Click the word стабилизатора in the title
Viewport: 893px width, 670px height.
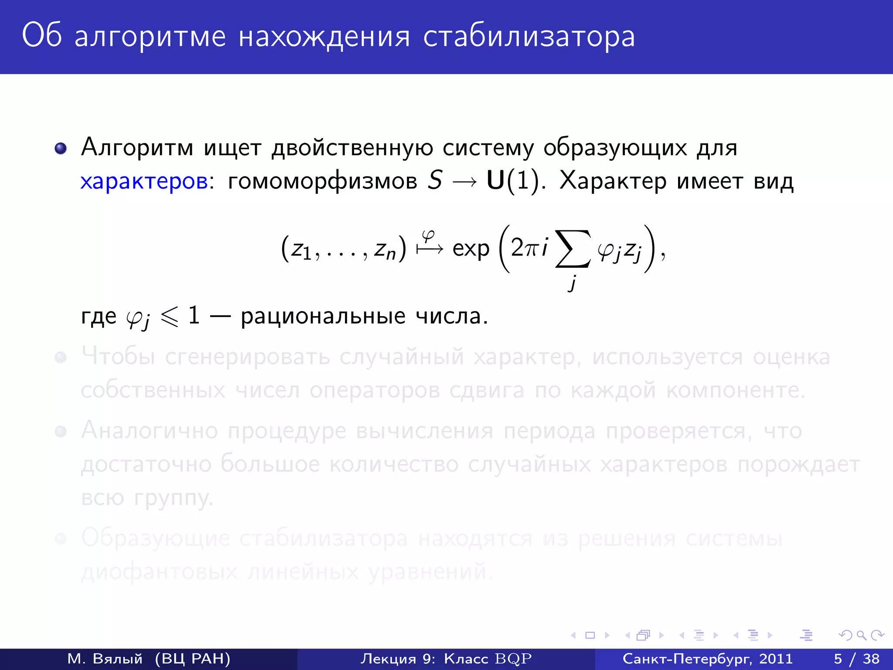[528, 37]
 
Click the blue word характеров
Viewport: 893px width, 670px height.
[144, 181]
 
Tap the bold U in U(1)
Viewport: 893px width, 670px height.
[495, 180]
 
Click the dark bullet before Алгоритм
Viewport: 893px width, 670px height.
[61, 148]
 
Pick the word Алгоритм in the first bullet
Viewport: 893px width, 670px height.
[137, 147]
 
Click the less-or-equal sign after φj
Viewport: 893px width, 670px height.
[170, 316]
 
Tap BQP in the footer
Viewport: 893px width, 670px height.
[513, 659]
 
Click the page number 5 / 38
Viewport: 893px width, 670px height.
[856, 659]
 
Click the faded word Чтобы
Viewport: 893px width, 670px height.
[118, 357]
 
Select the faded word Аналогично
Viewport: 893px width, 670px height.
[149, 431]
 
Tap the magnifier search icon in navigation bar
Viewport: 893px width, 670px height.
[861, 635]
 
